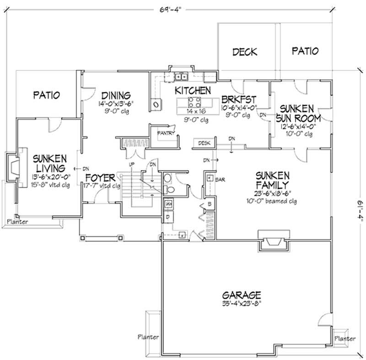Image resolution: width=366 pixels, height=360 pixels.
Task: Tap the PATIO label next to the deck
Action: coord(305,51)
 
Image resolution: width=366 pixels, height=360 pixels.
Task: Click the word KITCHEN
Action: coord(193,91)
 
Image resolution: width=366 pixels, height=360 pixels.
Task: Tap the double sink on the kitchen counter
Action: coord(183,76)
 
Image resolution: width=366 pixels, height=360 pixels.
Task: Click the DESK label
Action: coord(204,143)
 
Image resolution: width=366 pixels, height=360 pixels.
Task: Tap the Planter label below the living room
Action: coord(17,222)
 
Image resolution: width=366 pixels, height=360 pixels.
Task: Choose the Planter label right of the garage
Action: coord(344,339)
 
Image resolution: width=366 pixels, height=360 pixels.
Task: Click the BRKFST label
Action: coord(238,100)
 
